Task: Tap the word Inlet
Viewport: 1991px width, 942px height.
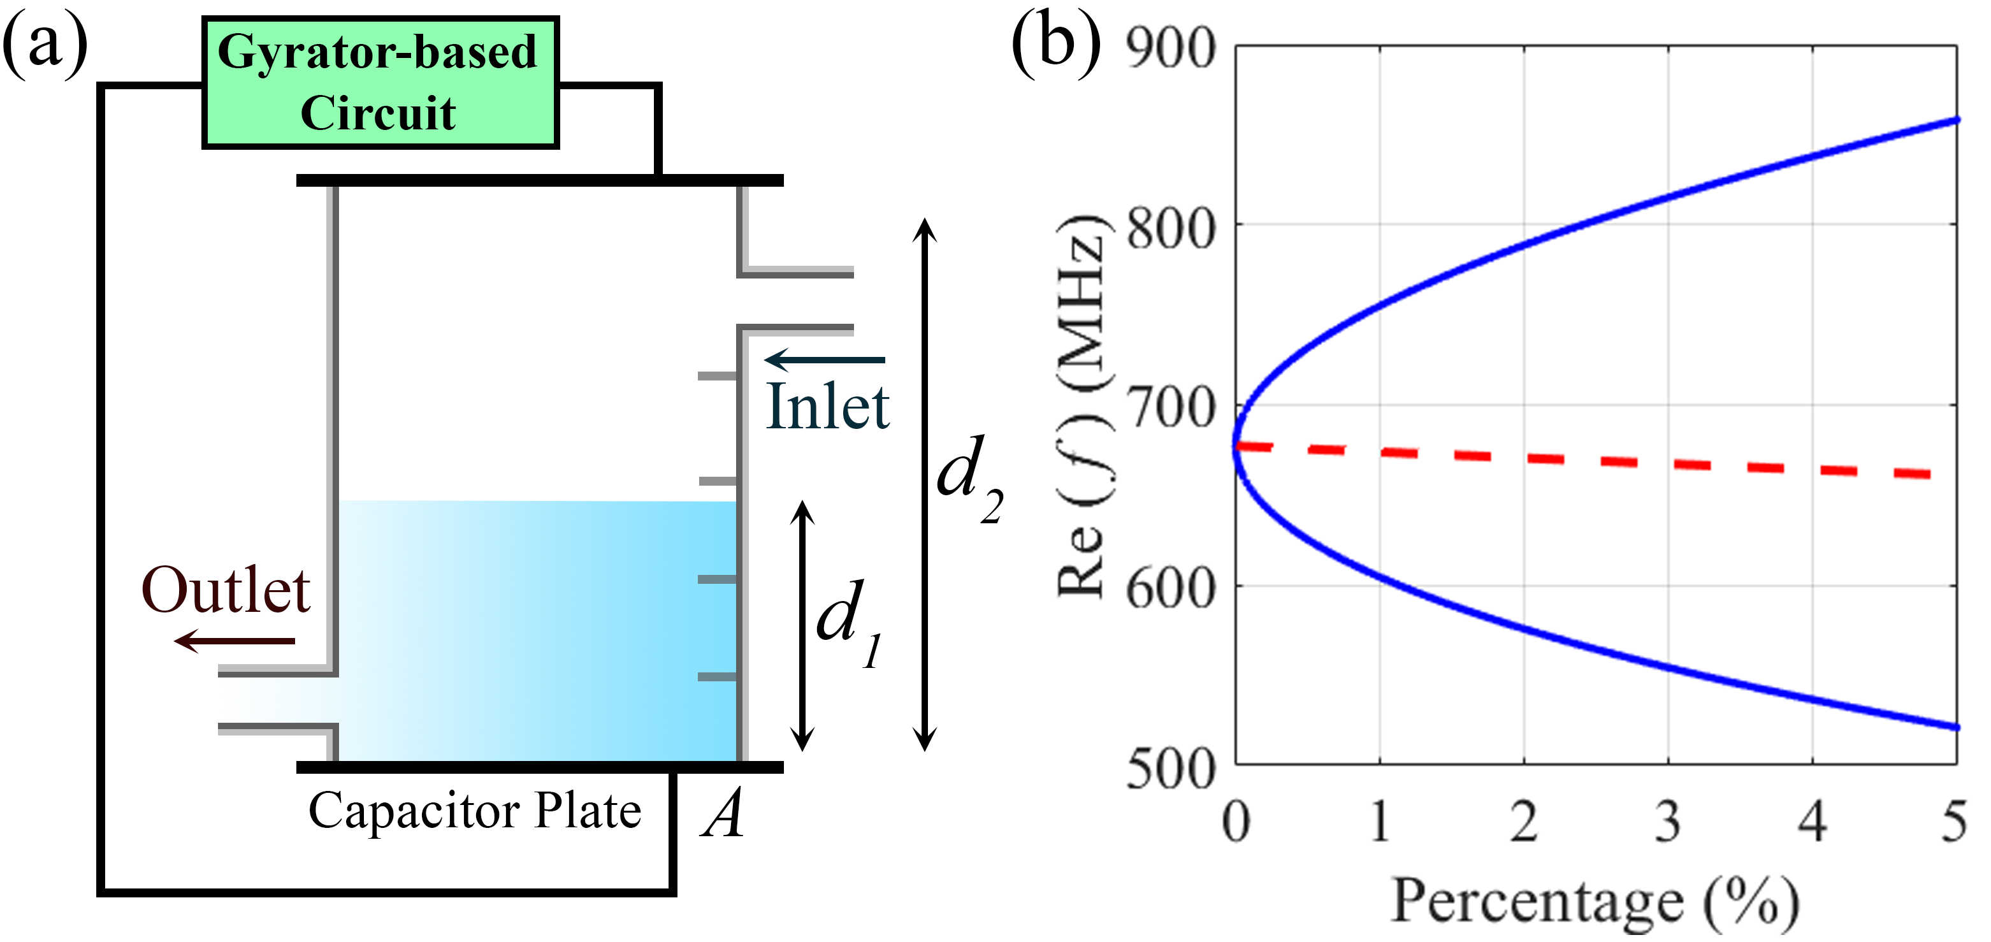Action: (827, 407)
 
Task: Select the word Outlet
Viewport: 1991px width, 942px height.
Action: (226, 590)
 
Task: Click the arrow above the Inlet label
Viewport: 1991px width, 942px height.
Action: (824, 359)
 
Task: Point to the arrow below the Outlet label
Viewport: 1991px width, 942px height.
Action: (234, 641)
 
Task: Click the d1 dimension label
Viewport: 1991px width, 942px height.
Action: (848, 622)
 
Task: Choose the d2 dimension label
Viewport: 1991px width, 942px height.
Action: (969, 479)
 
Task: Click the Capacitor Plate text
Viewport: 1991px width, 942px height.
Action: (475, 811)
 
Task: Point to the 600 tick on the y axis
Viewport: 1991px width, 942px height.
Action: (1170, 589)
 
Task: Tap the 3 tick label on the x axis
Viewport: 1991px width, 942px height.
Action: (1668, 822)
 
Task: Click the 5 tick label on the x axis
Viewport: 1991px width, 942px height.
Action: (1954, 822)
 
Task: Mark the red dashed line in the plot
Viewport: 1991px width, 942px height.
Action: (1584, 460)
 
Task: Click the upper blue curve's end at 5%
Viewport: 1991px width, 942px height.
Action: (1955, 120)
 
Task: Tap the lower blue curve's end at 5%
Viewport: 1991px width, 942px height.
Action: (1955, 727)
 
